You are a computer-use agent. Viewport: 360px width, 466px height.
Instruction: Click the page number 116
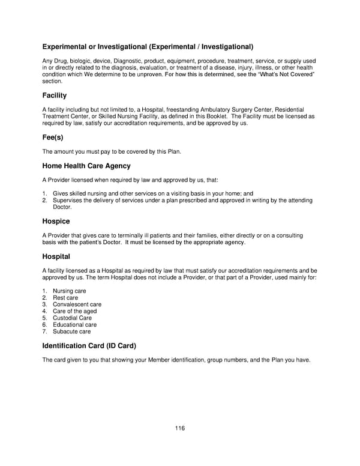(180, 428)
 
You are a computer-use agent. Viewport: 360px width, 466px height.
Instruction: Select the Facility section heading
(54, 95)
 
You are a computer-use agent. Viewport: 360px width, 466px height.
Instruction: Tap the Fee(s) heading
(53, 137)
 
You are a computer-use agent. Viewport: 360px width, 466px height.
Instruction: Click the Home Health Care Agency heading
(86, 166)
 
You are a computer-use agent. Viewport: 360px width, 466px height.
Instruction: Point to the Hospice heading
(56, 221)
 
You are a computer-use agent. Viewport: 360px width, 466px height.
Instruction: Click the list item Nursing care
(69, 291)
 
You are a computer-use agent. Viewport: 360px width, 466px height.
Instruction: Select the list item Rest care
(65, 298)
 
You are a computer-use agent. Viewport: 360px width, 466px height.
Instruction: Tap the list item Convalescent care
(77, 304)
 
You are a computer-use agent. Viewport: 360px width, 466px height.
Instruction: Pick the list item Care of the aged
(74, 312)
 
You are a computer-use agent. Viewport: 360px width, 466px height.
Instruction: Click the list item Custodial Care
(72, 318)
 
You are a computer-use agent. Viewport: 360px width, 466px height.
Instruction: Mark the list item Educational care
(74, 325)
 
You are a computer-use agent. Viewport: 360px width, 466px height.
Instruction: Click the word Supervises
(68, 200)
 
